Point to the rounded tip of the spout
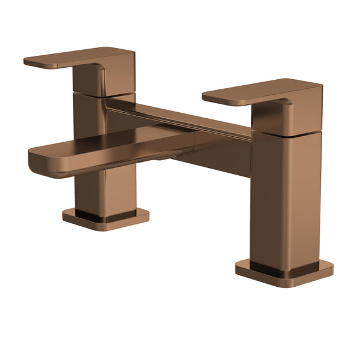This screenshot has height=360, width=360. (x=37, y=162)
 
